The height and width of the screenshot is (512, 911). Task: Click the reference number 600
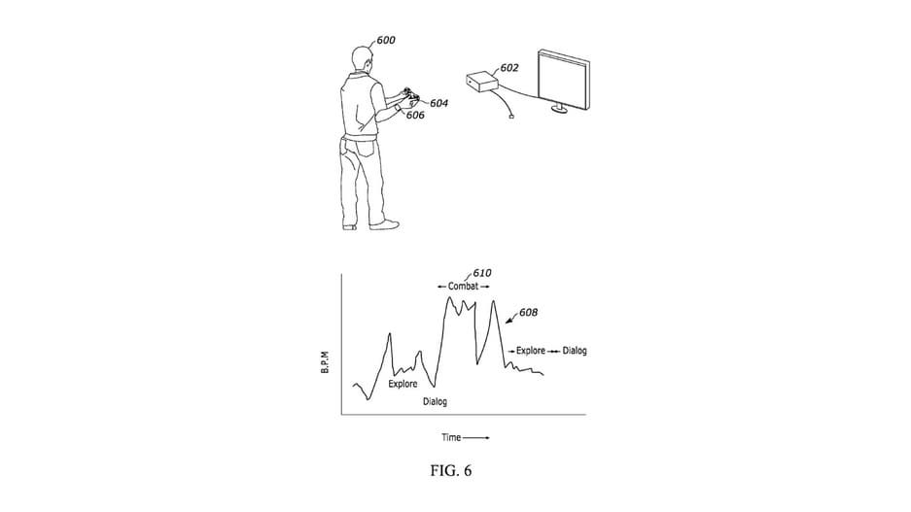386,41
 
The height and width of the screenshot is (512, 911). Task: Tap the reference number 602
508,68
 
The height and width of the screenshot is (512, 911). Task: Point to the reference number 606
415,115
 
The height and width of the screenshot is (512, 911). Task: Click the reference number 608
529,313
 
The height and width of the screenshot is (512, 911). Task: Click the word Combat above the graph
464,287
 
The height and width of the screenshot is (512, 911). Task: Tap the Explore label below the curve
403,384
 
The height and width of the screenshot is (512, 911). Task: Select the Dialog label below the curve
435,401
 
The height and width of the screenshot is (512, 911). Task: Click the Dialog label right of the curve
575,351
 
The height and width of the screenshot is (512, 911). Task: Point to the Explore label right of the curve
530,351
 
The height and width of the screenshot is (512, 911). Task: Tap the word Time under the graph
452,437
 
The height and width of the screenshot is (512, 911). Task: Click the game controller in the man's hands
408,97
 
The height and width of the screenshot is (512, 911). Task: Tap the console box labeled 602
482,84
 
